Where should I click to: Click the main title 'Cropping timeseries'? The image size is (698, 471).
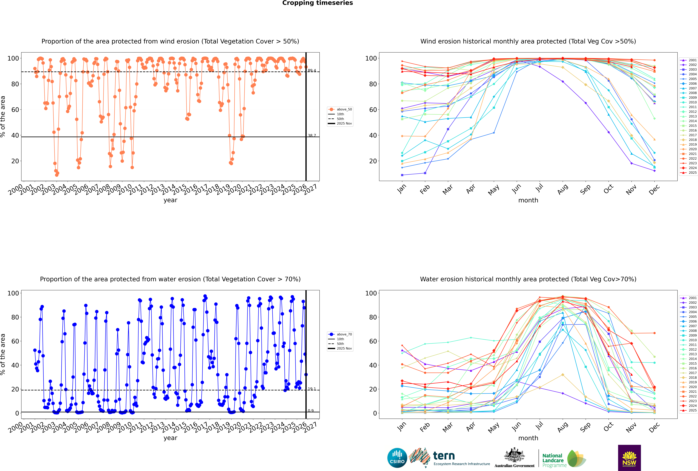[x=317, y=3]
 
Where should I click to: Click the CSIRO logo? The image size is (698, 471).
[x=397, y=458]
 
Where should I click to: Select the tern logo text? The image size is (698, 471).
[x=444, y=456]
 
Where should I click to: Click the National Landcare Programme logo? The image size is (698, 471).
[x=564, y=459]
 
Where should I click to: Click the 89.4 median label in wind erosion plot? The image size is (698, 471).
[x=312, y=71]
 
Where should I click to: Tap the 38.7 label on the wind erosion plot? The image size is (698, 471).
[x=312, y=135]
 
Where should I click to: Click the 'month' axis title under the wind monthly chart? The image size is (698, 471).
[x=528, y=200]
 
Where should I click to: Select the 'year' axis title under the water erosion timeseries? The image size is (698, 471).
[x=170, y=438]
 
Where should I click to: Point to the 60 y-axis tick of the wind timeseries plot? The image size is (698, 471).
[x=15, y=110]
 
